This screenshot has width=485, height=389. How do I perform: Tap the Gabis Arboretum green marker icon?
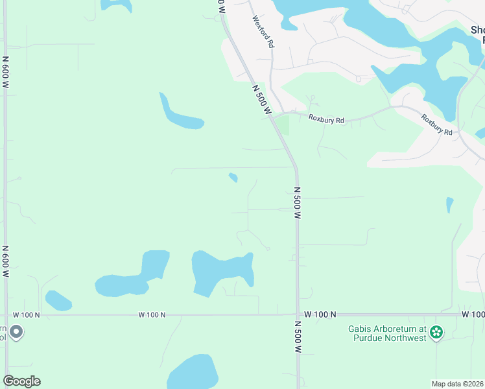436,333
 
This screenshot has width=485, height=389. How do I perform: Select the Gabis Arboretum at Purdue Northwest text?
387,333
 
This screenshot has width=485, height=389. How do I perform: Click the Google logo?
21,381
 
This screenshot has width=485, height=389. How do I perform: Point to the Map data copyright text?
458,384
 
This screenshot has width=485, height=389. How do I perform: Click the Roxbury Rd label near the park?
326,119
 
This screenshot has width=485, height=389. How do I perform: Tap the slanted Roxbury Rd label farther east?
436,124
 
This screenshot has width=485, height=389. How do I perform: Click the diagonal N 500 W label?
261,99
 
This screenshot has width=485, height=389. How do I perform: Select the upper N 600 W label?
6,76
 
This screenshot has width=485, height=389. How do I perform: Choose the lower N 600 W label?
6,262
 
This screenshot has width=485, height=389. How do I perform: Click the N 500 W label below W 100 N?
298,336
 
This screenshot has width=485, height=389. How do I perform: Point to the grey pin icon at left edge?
16,332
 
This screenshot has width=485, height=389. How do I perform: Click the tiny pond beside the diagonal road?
233,177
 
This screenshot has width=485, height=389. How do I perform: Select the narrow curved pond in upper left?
178,115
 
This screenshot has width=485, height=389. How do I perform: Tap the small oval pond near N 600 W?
58,301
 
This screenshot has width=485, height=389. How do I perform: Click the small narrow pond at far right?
449,205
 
